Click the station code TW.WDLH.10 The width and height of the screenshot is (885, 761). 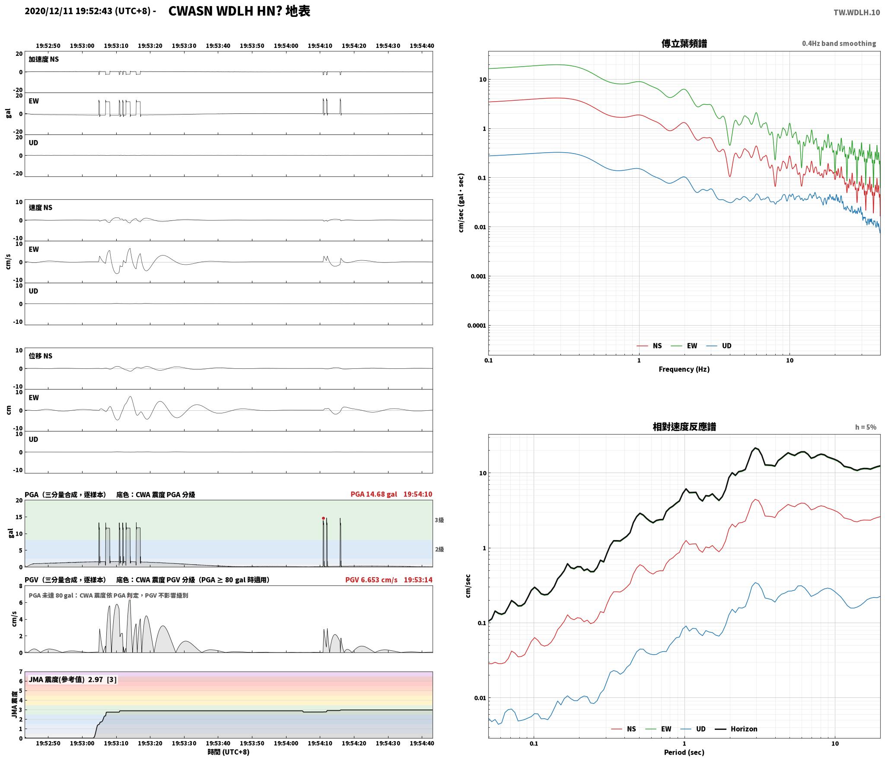point(856,13)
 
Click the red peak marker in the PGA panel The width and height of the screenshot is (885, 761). point(323,518)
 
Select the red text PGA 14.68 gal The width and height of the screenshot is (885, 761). point(374,494)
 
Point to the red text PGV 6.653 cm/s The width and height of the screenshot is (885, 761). point(371,580)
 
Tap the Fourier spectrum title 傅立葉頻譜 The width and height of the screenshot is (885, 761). point(684,44)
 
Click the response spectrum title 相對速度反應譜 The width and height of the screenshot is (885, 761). point(684,427)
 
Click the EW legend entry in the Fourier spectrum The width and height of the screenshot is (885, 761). point(684,346)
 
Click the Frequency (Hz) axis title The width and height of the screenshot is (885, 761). point(684,369)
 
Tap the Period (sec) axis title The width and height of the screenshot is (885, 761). point(684,752)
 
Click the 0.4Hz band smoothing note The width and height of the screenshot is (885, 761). point(839,44)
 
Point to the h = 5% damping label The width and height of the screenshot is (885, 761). point(866,427)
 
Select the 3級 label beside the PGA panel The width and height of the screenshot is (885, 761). point(439,520)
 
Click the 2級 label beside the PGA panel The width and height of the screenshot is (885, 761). point(439,550)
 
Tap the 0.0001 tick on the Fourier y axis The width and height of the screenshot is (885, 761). point(476,326)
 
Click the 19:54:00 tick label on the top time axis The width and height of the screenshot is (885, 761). point(286,46)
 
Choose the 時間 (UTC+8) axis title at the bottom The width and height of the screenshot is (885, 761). point(229,752)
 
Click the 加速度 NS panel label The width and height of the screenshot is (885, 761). point(44,59)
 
